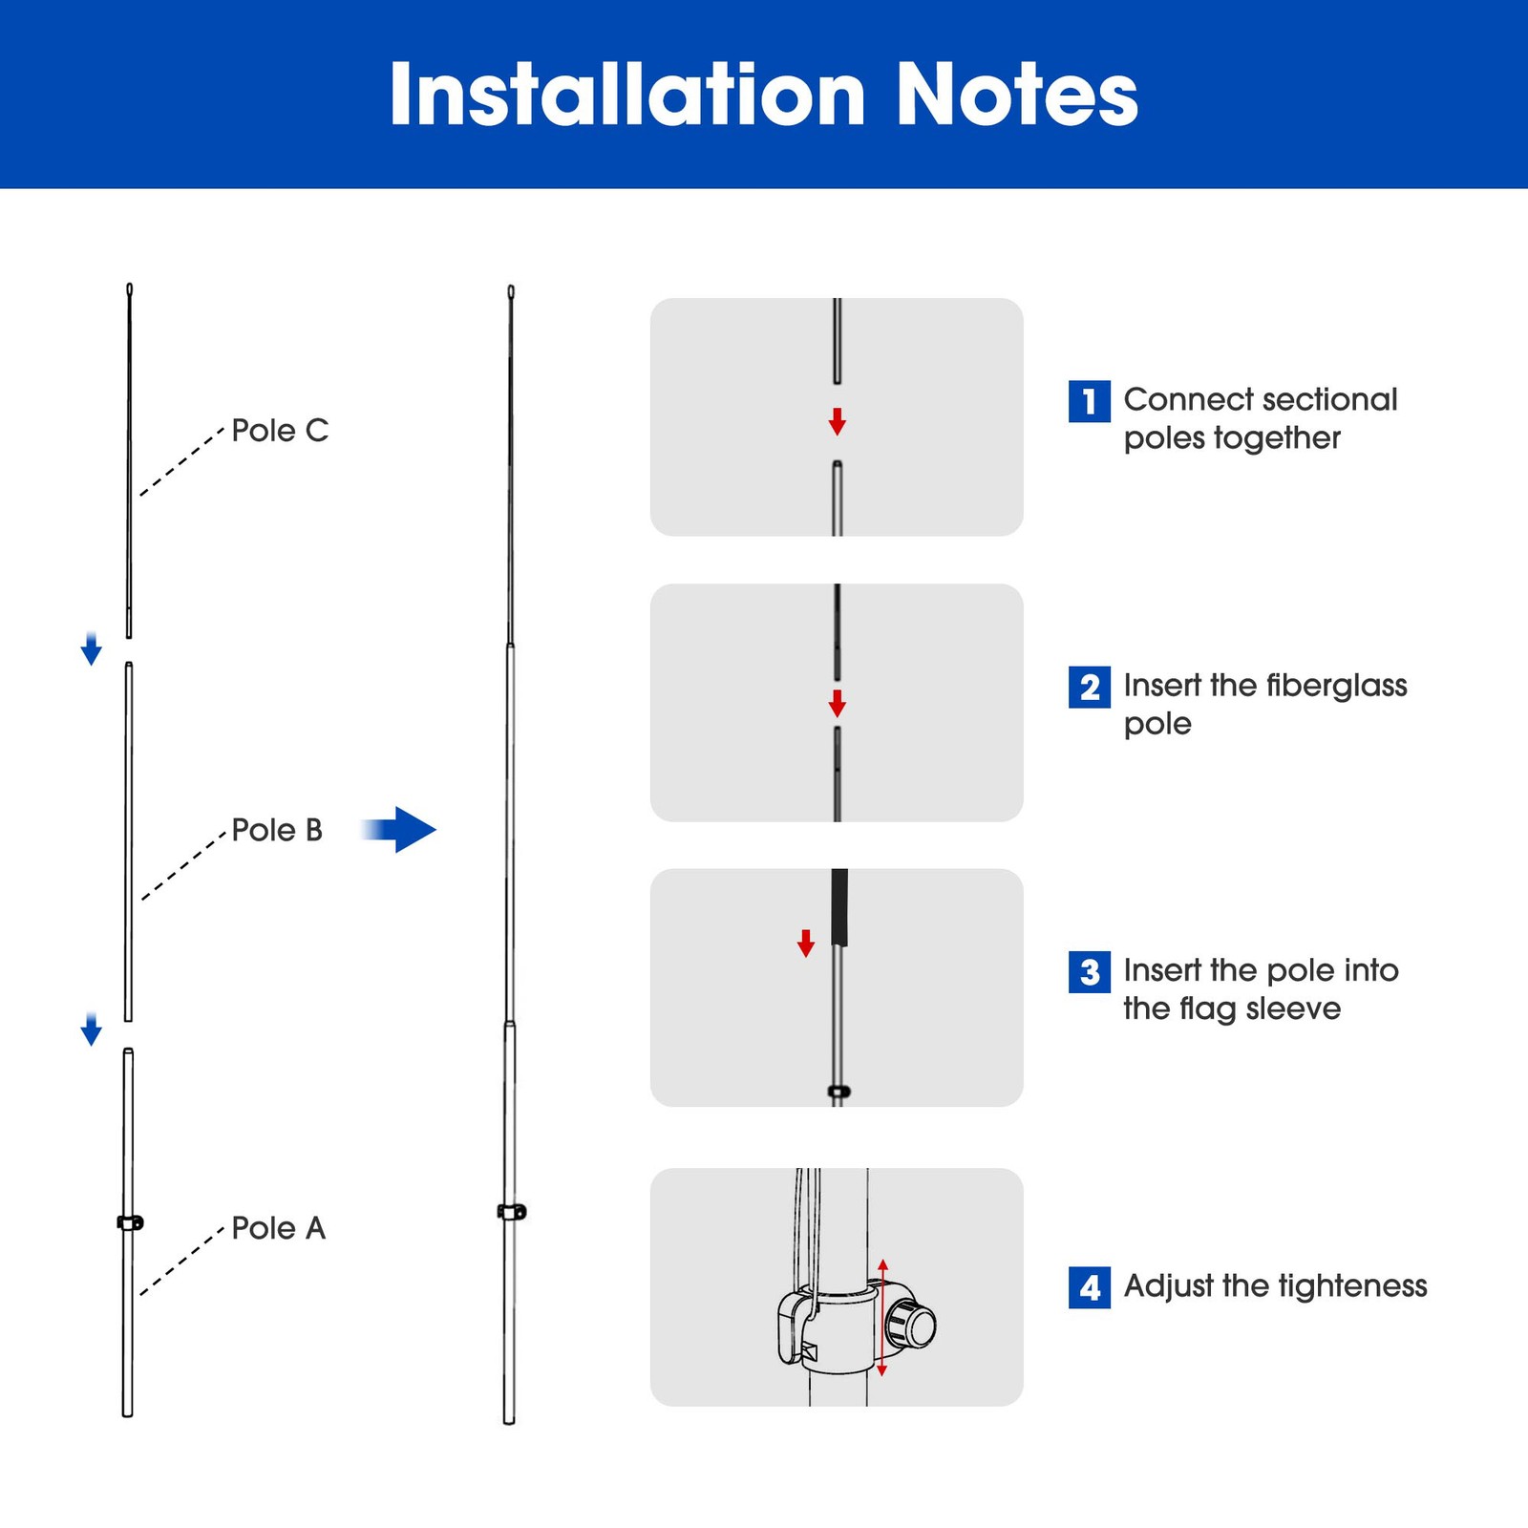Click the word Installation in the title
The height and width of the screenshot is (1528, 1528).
click(x=626, y=95)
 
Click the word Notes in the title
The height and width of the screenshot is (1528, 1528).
click(x=1017, y=95)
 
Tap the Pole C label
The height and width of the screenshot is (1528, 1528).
click(x=280, y=431)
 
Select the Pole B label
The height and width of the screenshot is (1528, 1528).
click(x=277, y=830)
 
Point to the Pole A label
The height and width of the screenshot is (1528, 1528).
click(x=279, y=1228)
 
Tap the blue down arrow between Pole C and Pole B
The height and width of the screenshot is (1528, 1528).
click(x=91, y=648)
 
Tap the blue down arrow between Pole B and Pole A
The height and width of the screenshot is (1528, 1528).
click(x=91, y=1029)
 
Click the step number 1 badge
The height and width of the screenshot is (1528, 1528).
click(x=1089, y=401)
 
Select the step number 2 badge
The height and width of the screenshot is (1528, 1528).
click(x=1089, y=687)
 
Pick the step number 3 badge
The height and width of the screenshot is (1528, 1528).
click(x=1089, y=972)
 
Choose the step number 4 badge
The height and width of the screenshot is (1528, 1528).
click(x=1089, y=1287)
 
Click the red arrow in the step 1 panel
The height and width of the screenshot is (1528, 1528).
click(x=838, y=421)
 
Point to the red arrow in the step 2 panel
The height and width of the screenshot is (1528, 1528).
click(x=838, y=703)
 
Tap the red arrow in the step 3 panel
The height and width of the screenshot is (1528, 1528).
click(x=806, y=944)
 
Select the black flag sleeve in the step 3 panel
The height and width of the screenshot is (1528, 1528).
click(x=839, y=906)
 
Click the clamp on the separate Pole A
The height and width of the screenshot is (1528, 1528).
click(x=130, y=1222)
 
